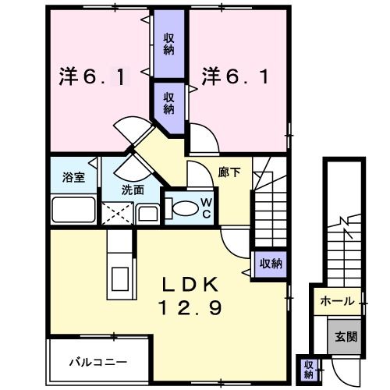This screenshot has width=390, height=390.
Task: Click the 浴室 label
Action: [x=73, y=177]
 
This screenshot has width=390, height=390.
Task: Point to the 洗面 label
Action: [x=133, y=189]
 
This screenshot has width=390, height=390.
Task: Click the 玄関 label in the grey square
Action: [x=346, y=337]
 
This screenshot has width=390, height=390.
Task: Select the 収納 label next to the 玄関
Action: [x=308, y=366]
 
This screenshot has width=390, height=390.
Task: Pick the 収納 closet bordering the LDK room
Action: [x=270, y=263]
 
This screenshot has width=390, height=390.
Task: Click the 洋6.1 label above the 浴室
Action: [x=90, y=78]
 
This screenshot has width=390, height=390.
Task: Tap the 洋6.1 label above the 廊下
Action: [x=238, y=78]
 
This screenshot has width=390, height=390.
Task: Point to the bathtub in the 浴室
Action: [x=73, y=211]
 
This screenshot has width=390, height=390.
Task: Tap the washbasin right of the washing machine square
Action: [x=147, y=213]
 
